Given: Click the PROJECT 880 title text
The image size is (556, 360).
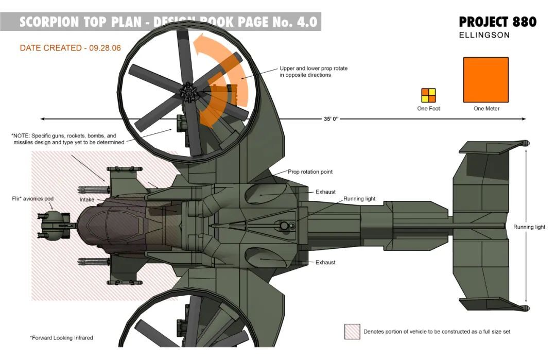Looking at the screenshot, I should (497, 22).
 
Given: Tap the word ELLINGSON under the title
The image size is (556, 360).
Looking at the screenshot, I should (484, 36).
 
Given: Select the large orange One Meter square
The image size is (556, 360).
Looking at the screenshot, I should (486, 80).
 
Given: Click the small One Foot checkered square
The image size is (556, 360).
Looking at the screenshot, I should (428, 95).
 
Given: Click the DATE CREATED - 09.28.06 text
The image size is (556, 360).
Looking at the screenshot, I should (70, 48).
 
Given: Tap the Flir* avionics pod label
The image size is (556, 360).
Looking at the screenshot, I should (33, 198).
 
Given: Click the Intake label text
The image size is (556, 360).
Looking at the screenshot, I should (86, 199).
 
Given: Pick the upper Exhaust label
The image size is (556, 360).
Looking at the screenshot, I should (325, 192).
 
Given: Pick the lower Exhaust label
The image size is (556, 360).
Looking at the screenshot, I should (325, 262).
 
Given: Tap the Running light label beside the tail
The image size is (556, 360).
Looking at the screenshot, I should (529, 227).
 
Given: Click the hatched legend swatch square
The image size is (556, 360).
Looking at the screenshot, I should (352, 332).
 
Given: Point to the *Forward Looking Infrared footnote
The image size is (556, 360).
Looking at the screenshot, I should (61, 338).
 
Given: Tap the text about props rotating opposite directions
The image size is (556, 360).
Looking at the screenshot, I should (312, 72).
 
